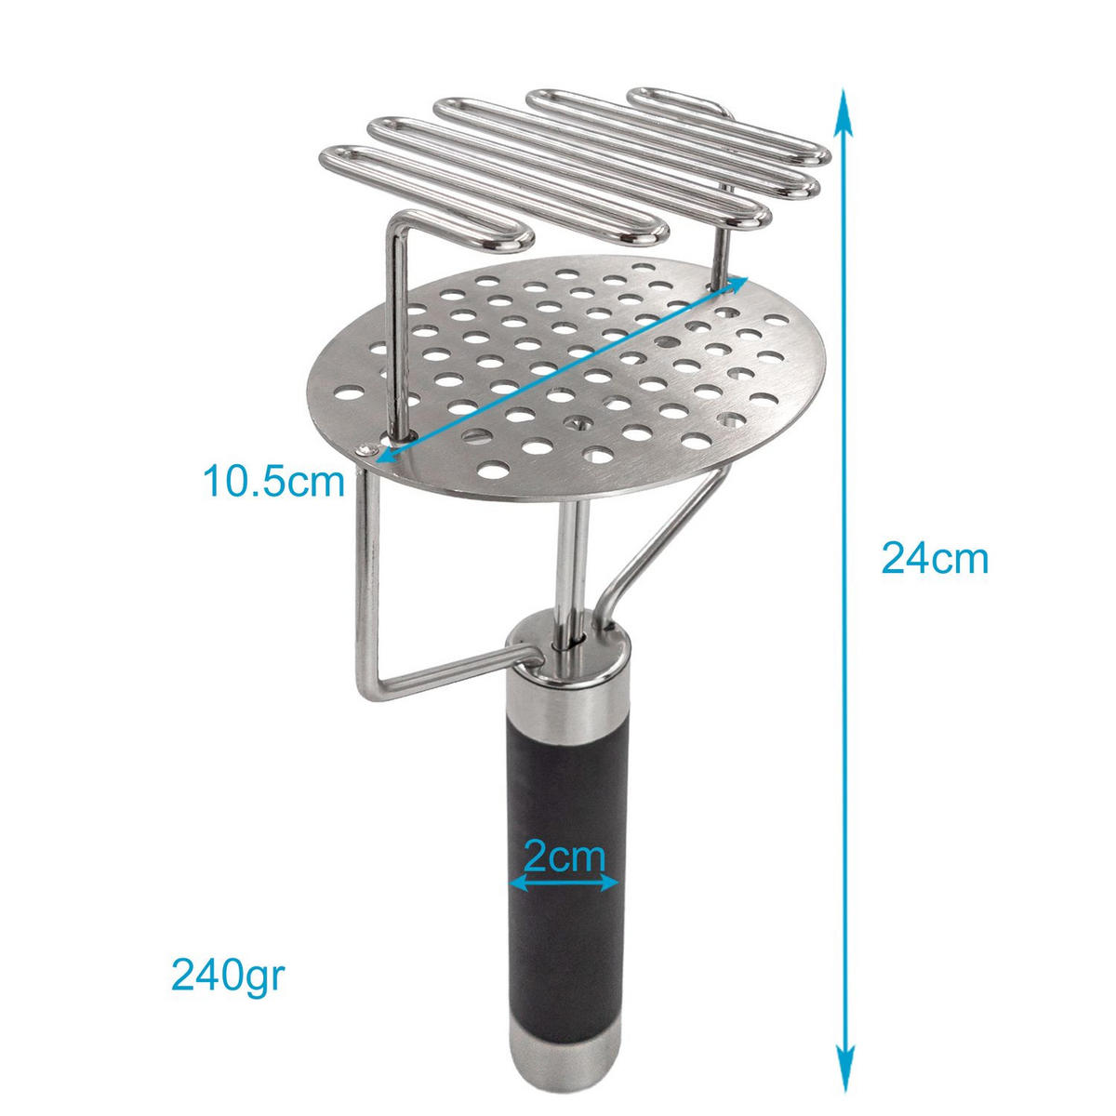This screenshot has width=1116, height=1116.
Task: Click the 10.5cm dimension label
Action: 273,482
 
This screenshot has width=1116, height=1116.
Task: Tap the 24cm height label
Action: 934,559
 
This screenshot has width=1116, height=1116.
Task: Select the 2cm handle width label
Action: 564,855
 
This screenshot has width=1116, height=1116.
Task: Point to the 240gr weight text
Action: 227,976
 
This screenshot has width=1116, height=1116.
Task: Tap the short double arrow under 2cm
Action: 565,884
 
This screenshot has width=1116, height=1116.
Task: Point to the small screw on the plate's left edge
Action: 370,450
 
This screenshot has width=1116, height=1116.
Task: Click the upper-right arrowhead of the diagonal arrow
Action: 738,284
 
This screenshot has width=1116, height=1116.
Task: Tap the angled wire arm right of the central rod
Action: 660,539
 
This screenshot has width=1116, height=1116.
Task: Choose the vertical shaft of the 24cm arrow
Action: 844,372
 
